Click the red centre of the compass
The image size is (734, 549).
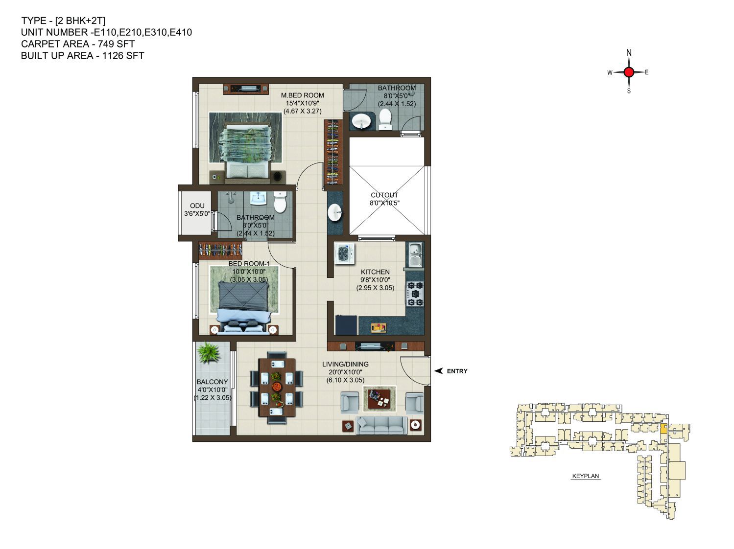pyautogui.click(x=629, y=72)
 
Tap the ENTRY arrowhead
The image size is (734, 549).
pyautogui.click(x=438, y=370)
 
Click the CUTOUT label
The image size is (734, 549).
pyautogui.click(x=384, y=195)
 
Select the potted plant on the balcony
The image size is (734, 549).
pyautogui.click(x=209, y=352)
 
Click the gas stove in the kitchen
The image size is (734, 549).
pyautogui.click(x=415, y=294)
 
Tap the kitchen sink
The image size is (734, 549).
pyautogui.click(x=415, y=254)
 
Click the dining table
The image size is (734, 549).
pyautogui.click(x=277, y=387)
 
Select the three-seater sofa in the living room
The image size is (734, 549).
pyautogui.click(x=381, y=425)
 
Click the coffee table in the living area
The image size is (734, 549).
pyautogui.click(x=379, y=399)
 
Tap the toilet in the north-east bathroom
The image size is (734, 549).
pyautogui.click(x=385, y=120)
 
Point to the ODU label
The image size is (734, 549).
pyautogui.click(x=197, y=206)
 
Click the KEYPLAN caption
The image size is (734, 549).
pyautogui.click(x=585, y=476)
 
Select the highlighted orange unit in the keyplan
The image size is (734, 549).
pyautogui.click(x=663, y=429)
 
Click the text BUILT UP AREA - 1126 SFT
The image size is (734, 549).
pyautogui.click(x=82, y=55)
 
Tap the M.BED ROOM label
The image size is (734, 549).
pyautogui.click(x=302, y=95)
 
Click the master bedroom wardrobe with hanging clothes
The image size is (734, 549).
pyautogui.click(x=333, y=152)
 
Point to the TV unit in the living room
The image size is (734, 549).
pyautogui.click(x=376, y=346)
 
